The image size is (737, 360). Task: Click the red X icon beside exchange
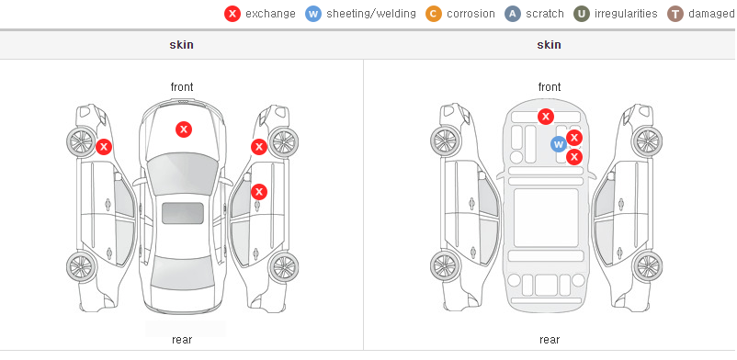click(x=232, y=14)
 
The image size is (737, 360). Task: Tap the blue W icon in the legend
click(x=313, y=14)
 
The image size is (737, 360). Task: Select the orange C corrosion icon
click(x=434, y=14)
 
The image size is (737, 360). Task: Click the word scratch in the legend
click(x=545, y=14)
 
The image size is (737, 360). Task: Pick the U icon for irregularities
click(x=582, y=14)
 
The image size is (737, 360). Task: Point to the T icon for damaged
click(x=675, y=14)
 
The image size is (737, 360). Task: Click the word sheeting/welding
click(x=371, y=14)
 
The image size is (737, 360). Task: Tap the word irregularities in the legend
click(x=626, y=14)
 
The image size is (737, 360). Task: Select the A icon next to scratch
click(x=513, y=14)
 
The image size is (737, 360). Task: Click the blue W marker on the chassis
click(x=559, y=144)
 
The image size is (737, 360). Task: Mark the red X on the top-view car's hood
click(x=184, y=129)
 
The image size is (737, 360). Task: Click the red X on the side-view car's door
click(x=259, y=192)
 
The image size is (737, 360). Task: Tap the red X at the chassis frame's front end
click(x=545, y=116)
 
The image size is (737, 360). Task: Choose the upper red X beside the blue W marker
click(x=574, y=138)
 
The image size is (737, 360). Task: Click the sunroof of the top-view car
click(x=183, y=213)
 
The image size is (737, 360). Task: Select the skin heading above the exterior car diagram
click(x=181, y=45)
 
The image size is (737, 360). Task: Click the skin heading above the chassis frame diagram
click(x=549, y=45)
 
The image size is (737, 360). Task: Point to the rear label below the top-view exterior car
click(x=182, y=340)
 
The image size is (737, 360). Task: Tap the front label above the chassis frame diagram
click(x=550, y=87)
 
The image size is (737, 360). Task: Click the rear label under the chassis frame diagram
click(x=550, y=340)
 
